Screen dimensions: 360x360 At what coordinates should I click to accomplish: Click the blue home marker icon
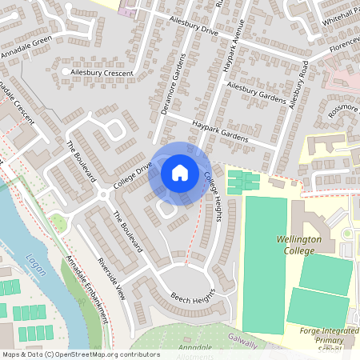coord(180,172)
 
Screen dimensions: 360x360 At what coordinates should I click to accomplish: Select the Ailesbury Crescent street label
coord(103,72)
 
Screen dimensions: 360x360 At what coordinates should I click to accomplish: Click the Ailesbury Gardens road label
coord(256,92)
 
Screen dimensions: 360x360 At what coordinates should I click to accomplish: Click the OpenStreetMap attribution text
coord(80,354)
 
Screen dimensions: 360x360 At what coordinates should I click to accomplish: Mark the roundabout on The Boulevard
coord(103,194)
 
